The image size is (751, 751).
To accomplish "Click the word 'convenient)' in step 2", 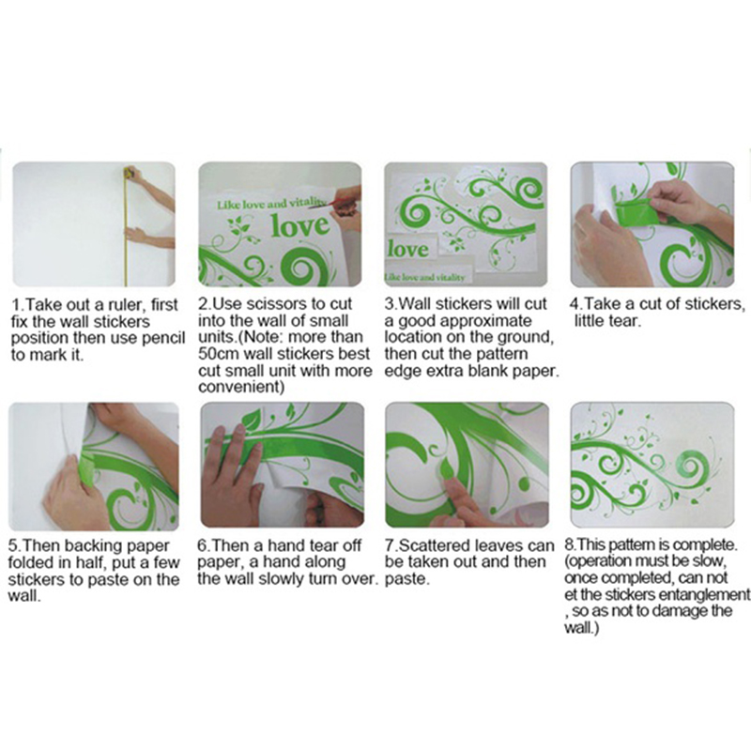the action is coord(241,387).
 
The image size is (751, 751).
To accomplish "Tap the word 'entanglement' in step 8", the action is coord(703,595).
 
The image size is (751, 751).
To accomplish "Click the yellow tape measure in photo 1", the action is coord(127,225).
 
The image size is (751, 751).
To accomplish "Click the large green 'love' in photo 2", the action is coord(300,226).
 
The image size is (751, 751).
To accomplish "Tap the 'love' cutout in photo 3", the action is coord(408,250).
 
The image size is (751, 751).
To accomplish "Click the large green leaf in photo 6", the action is coord(250,418).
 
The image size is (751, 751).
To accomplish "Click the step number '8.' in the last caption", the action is coord(571,545).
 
